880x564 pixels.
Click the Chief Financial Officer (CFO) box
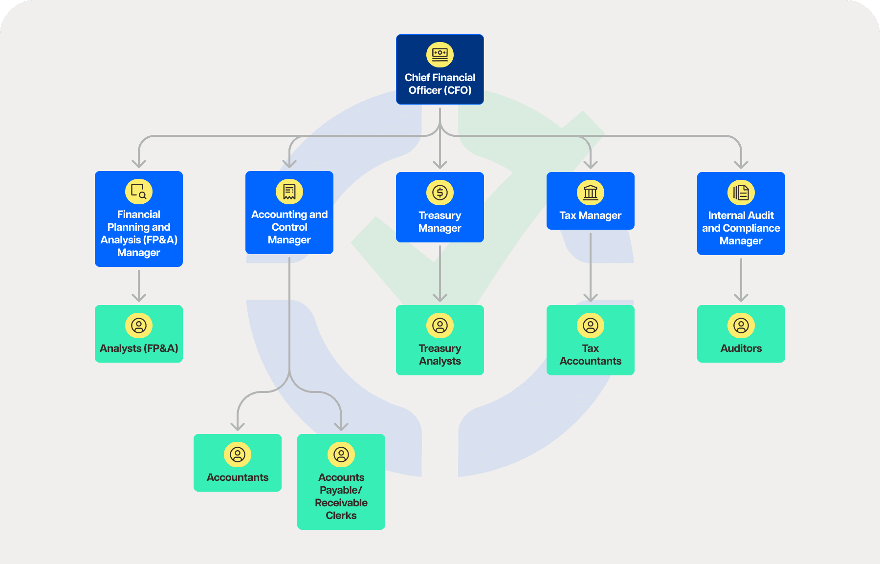tap(440, 69)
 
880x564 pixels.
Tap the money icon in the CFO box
tap(440, 54)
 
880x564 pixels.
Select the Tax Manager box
tap(590, 201)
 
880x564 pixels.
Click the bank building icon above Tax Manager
tap(591, 192)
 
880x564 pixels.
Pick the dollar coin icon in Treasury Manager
tap(440, 192)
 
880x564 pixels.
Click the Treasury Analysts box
tap(440, 340)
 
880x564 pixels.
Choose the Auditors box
tap(741, 334)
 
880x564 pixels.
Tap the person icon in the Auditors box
tap(741, 325)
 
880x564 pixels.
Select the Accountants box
tap(237, 463)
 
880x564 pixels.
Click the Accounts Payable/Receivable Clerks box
tap(341, 482)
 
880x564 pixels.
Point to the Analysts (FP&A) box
tap(138, 334)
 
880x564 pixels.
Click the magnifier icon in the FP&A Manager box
tap(139, 191)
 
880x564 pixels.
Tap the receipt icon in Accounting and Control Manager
tap(289, 191)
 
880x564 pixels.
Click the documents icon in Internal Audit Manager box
tap(741, 192)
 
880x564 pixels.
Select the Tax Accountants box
tap(590, 340)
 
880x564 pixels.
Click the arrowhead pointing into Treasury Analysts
tap(440, 298)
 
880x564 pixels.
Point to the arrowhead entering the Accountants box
tap(238, 427)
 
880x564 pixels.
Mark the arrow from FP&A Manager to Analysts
tap(139, 285)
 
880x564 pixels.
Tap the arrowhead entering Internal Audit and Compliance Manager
tap(741, 165)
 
